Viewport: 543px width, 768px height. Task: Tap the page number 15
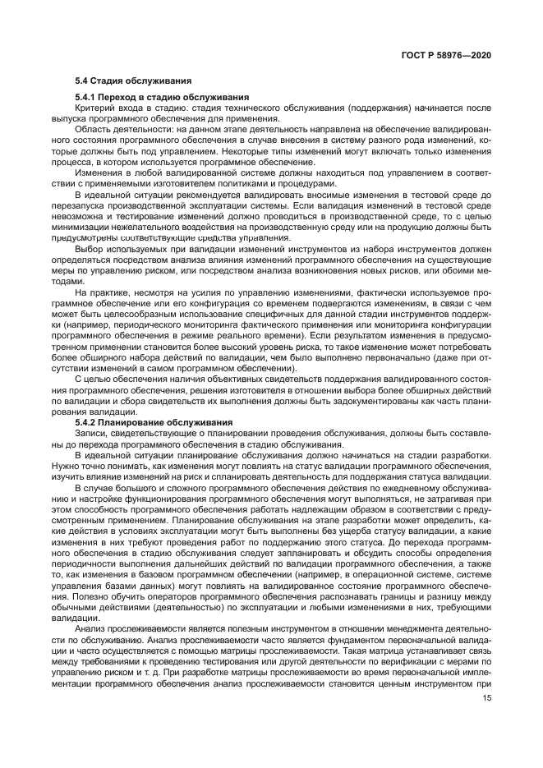(486, 699)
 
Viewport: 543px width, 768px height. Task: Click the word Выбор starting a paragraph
(89, 247)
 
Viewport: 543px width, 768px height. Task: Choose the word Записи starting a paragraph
(90, 432)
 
